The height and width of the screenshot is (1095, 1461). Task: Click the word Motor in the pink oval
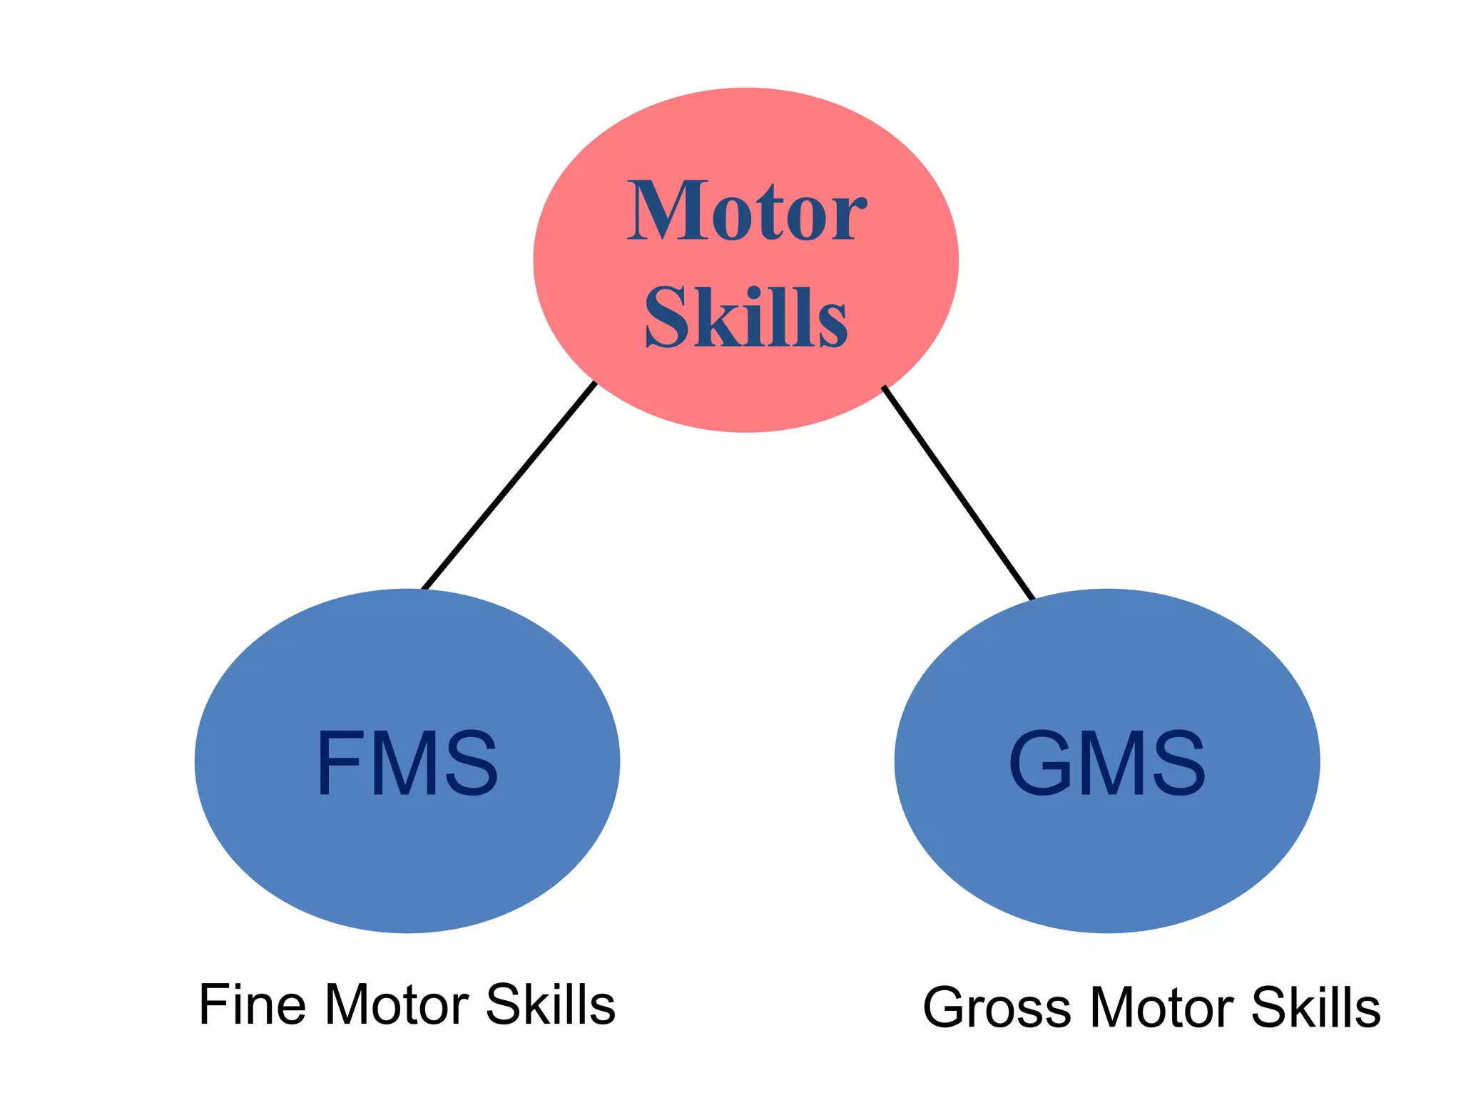[x=746, y=212]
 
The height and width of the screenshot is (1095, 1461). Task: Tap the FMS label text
[x=407, y=763]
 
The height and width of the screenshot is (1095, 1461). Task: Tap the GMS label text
[x=1106, y=763]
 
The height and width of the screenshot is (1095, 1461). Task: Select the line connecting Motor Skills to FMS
[x=509, y=486]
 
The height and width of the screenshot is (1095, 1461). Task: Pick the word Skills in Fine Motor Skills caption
[x=550, y=1005]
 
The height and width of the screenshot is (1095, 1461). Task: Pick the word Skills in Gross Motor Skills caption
[x=1316, y=1008]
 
